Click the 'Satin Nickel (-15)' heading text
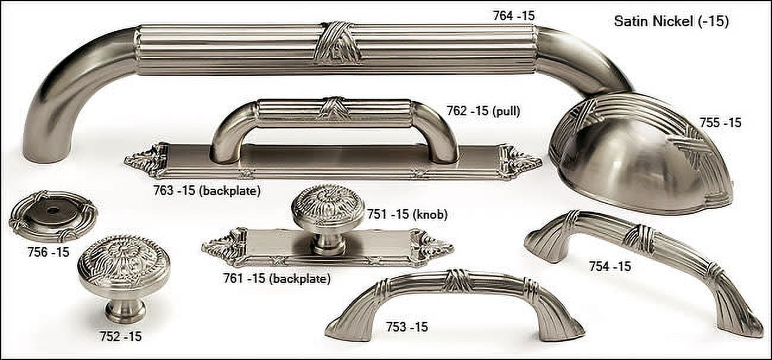point(672,21)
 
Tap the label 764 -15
point(514,16)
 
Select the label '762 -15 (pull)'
point(483,111)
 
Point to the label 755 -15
point(720,123)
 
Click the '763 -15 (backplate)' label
point(207,190)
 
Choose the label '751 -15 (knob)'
point(407,214)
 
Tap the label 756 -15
point(48,252)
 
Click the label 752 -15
point(121,336)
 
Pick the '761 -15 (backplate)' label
point(277,278)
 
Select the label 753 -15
point(407,327)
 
